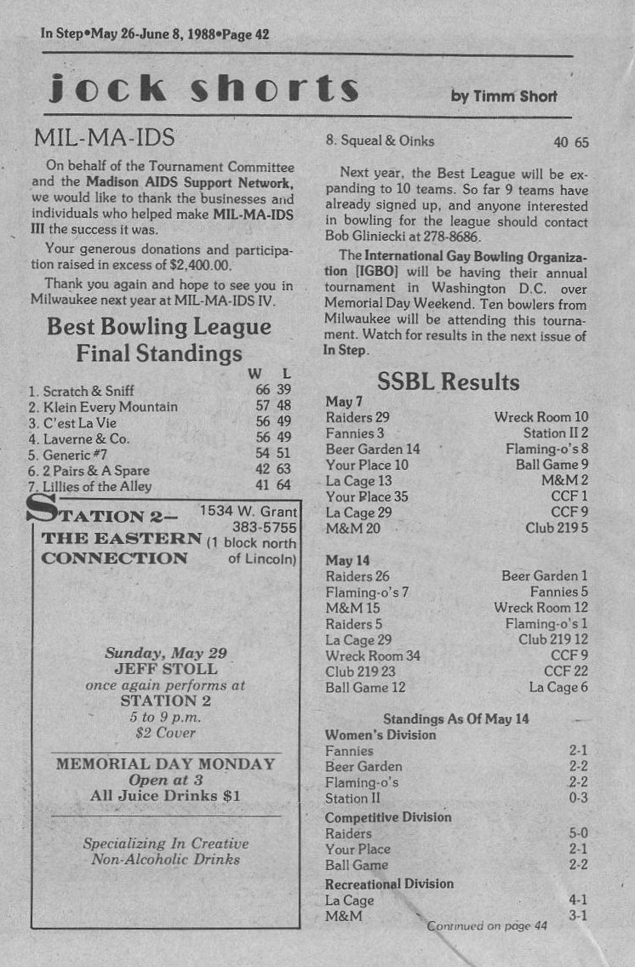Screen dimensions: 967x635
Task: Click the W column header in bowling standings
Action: pyautogui.click(x=255, y=374)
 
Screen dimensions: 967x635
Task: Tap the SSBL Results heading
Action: pyautogui.click(x=448, y=381)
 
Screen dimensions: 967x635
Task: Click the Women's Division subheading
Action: pyautogui.click(x=380, y=735)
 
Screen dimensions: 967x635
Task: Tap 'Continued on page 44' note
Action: pyautogui.click(x=487, y=926)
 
